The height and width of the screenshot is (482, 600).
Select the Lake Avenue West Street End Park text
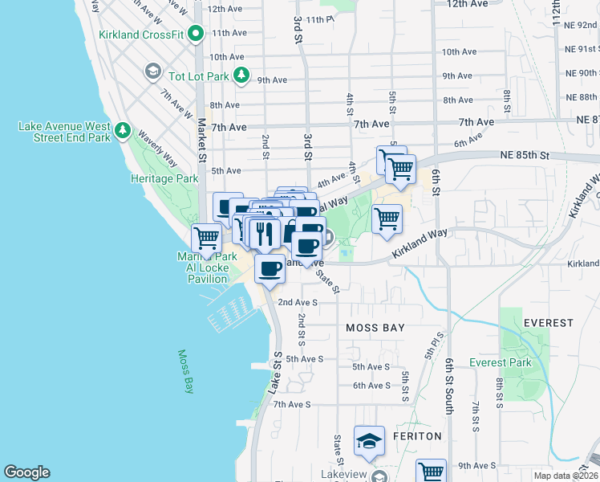(64, 132)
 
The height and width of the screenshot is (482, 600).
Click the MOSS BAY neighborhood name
(375, 328)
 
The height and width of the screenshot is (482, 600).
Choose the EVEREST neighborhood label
(548, 323)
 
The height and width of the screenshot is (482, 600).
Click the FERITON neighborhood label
(417, 435)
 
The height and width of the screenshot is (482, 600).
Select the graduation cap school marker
(369, 441)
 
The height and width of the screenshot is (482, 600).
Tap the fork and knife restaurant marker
(264, 233)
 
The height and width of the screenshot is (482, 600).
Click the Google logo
(26, 472)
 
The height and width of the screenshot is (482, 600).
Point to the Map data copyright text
(566, 476)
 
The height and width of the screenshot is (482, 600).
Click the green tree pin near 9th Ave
(241, 76)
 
